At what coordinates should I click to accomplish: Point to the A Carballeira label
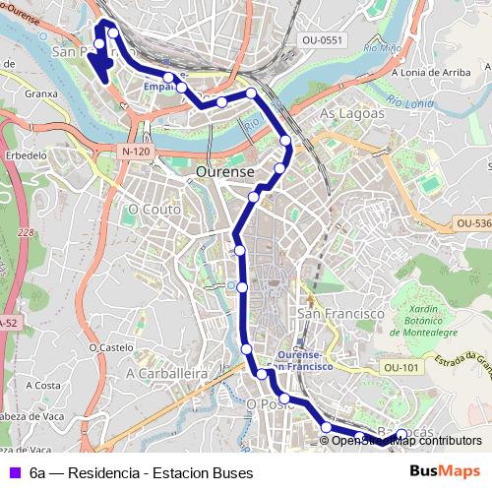[x=166, y=374]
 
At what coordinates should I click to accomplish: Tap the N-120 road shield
[x=137, y=152]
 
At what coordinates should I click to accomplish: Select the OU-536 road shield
[x=473, y=224]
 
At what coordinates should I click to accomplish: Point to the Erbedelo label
[x=27, y=155]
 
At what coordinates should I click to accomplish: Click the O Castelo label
[x=110, y=346]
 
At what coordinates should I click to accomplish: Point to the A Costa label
[x=47, y=385]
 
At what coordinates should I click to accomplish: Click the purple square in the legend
[x=13, y=472]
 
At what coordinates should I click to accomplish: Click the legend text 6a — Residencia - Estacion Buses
[x=141, y=472]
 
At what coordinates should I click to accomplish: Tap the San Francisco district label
[x=340, y=313]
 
